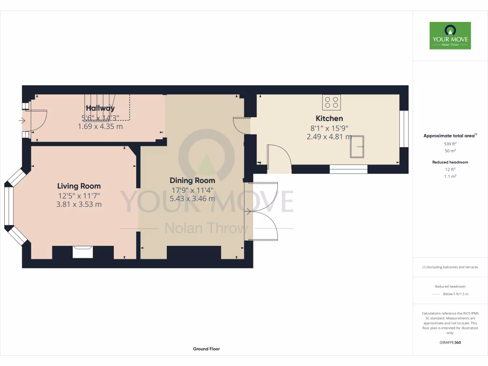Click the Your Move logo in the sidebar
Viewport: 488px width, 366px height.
[450, 35]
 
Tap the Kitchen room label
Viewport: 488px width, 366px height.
[329, 118]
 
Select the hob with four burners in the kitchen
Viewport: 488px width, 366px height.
[332, 102]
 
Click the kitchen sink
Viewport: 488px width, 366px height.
[357, 146]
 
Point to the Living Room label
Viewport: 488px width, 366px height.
[79, 186]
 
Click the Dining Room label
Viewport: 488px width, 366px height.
[192, 181]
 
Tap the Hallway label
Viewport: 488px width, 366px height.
[100, 108]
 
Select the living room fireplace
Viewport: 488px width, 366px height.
[82, 251]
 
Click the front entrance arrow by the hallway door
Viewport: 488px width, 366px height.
[21, 121]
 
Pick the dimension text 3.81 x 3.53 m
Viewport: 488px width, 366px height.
[79, 204]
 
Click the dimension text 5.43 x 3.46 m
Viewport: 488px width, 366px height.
[192, 199]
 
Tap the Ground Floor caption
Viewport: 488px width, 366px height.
[206, 349]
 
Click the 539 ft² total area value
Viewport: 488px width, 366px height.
[450, 143]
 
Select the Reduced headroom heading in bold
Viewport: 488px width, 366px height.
[450, 162]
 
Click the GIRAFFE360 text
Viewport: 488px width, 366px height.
[450, 342]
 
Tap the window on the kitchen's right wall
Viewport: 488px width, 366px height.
[404, 129]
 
